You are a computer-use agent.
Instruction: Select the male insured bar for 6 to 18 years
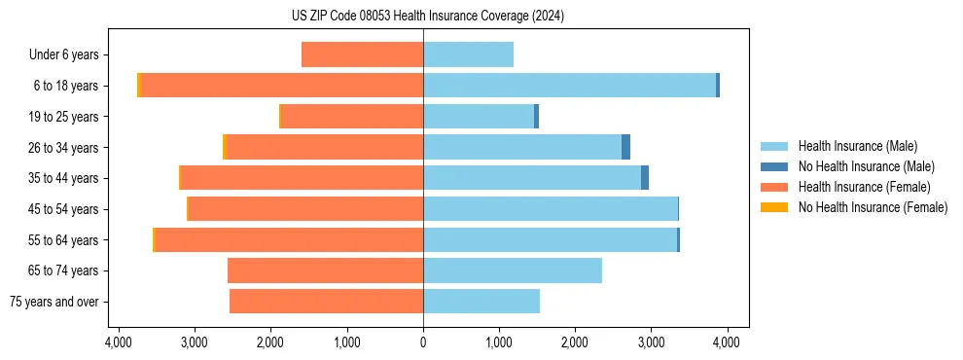click(x=569, y=86)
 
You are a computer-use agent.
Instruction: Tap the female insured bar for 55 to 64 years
click(x=289, y=239)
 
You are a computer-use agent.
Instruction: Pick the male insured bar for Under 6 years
click(x=468, y=54)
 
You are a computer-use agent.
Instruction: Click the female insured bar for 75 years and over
click(x=326, y=302)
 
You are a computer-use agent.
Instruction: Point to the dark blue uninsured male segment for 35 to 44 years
click(x=645, y=178)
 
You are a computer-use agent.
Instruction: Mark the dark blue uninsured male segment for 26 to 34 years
click(x=626, y=147)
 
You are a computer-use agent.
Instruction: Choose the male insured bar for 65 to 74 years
click(x=513, y=270)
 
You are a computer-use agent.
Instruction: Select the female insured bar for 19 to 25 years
click(x=351, y=117)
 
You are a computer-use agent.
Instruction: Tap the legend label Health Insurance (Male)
click(x=857, y=146)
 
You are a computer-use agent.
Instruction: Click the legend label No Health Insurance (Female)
click(x=873, y=207)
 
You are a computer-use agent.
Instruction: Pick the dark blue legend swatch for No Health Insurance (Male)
click(x=774, y=166)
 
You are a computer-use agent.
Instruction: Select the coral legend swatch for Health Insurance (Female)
click(x=774, y=187)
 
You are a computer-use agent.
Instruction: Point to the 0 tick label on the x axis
click(x=423, y=342)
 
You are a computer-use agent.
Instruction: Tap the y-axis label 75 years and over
click(x=53, y=302)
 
